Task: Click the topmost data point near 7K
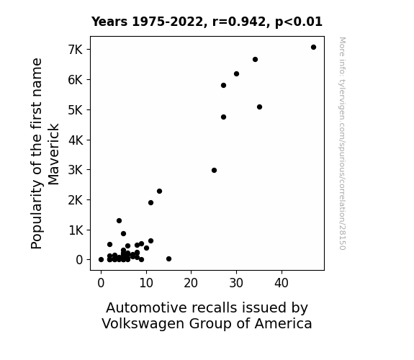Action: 313,48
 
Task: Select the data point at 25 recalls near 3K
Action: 214,171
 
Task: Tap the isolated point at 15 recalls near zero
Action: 169,259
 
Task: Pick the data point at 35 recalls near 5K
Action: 259,107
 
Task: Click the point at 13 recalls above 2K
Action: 159,192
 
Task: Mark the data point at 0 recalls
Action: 101,260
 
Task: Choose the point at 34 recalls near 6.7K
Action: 255,60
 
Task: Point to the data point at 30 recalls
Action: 237,74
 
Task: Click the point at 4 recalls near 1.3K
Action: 119,221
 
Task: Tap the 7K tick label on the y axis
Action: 76,50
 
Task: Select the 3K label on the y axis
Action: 76,170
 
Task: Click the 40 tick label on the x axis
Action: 282,283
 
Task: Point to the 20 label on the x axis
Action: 191,283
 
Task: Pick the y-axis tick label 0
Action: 79,260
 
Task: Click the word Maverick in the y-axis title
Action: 53,155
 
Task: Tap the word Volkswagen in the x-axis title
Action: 143,323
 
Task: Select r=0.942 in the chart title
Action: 239,22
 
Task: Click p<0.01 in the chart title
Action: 299,22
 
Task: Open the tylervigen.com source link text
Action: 342,143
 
